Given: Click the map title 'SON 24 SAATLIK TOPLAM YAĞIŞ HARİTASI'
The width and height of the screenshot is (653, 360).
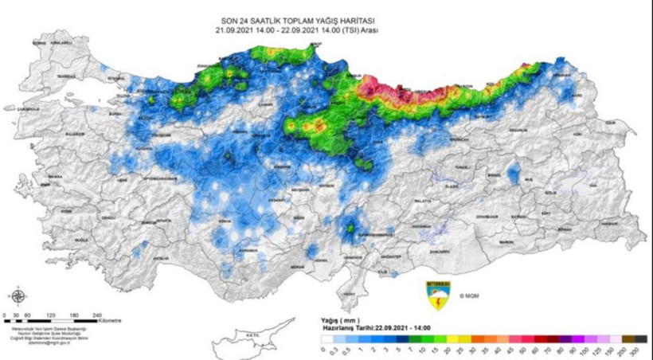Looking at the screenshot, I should [x=296, y=21].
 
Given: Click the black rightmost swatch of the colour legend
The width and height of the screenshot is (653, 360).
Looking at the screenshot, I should [x=640, y=339].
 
